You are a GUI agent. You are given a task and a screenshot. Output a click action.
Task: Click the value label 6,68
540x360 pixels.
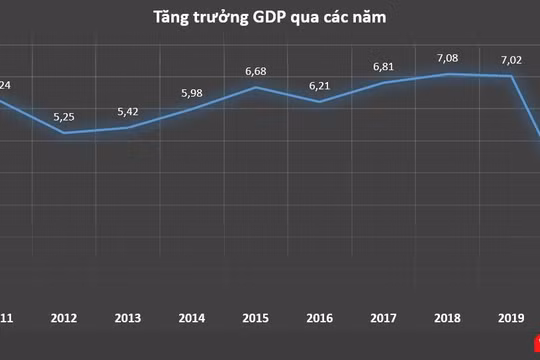(x=257, y=70)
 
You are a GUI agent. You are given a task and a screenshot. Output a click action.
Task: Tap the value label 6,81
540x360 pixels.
(x=384, y=66)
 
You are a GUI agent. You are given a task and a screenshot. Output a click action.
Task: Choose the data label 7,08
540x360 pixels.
(x=448, y=57)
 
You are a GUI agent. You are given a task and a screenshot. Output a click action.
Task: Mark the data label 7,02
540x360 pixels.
(x=511, y=59)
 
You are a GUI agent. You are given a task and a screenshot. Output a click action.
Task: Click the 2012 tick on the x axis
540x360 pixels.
(x=65, y=319)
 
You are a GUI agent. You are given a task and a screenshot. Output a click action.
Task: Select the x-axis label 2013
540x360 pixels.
(x=128, y=319)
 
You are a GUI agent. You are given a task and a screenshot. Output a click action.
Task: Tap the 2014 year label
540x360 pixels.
(x=192, y=319)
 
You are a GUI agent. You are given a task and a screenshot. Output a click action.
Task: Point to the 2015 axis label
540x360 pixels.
(x=256, y=319)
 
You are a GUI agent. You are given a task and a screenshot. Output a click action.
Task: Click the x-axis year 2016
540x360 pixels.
(x=320, y=319)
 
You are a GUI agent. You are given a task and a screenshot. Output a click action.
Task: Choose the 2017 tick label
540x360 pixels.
(x=384, y=319)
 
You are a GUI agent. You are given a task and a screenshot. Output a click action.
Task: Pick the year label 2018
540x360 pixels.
(x=448, y=319)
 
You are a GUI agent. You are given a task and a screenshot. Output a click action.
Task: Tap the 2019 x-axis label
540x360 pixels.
(x=511, y=319)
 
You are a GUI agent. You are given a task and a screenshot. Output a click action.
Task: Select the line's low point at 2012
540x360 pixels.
(x=65, y=132)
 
